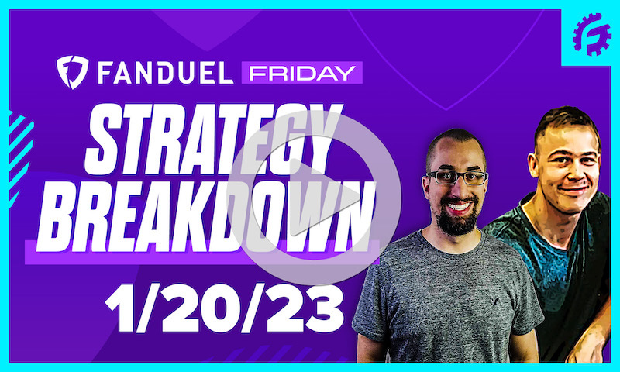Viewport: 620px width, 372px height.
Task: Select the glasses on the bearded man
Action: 456,177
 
